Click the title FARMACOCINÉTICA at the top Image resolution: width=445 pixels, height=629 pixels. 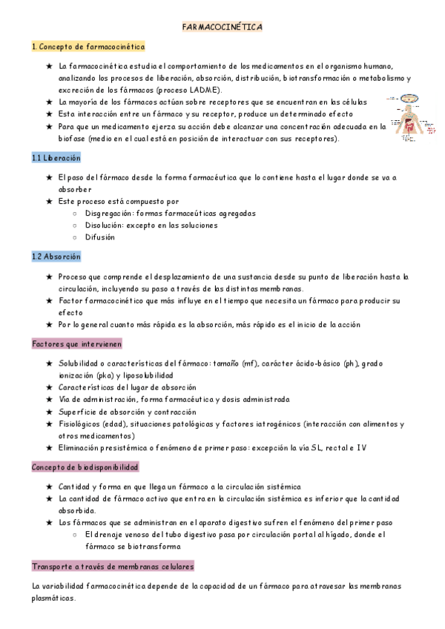tap(222, 27)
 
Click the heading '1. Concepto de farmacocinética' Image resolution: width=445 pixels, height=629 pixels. tap(88, 47)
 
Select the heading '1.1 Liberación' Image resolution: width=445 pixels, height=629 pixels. tap(56, 158)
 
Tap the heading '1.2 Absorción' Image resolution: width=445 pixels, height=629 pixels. tap(56, 256)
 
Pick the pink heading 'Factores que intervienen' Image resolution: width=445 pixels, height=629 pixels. tap(77, 344)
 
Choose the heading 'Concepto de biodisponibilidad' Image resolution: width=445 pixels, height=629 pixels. tap(85, 467)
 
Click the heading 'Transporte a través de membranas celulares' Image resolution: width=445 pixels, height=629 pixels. tap(113, 566)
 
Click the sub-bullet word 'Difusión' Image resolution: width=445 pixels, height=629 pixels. tap(99, 237)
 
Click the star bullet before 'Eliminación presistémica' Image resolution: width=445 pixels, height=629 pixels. tap(49, 447)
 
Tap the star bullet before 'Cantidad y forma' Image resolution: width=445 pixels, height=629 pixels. tap(49, 487)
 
